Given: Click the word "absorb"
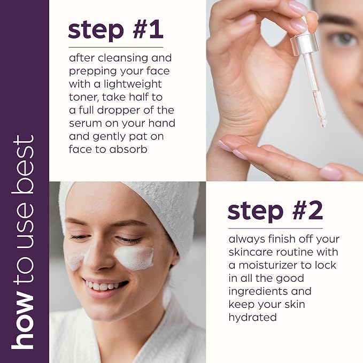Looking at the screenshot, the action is coord(128,150).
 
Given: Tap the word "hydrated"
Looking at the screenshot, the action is coord(252,318).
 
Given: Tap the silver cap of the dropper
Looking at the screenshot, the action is coord(304,45).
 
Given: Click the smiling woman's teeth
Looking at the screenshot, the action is coord(104,285).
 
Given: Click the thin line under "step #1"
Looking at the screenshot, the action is coord(116,47).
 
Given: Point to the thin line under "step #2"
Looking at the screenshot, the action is coord(275,228).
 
